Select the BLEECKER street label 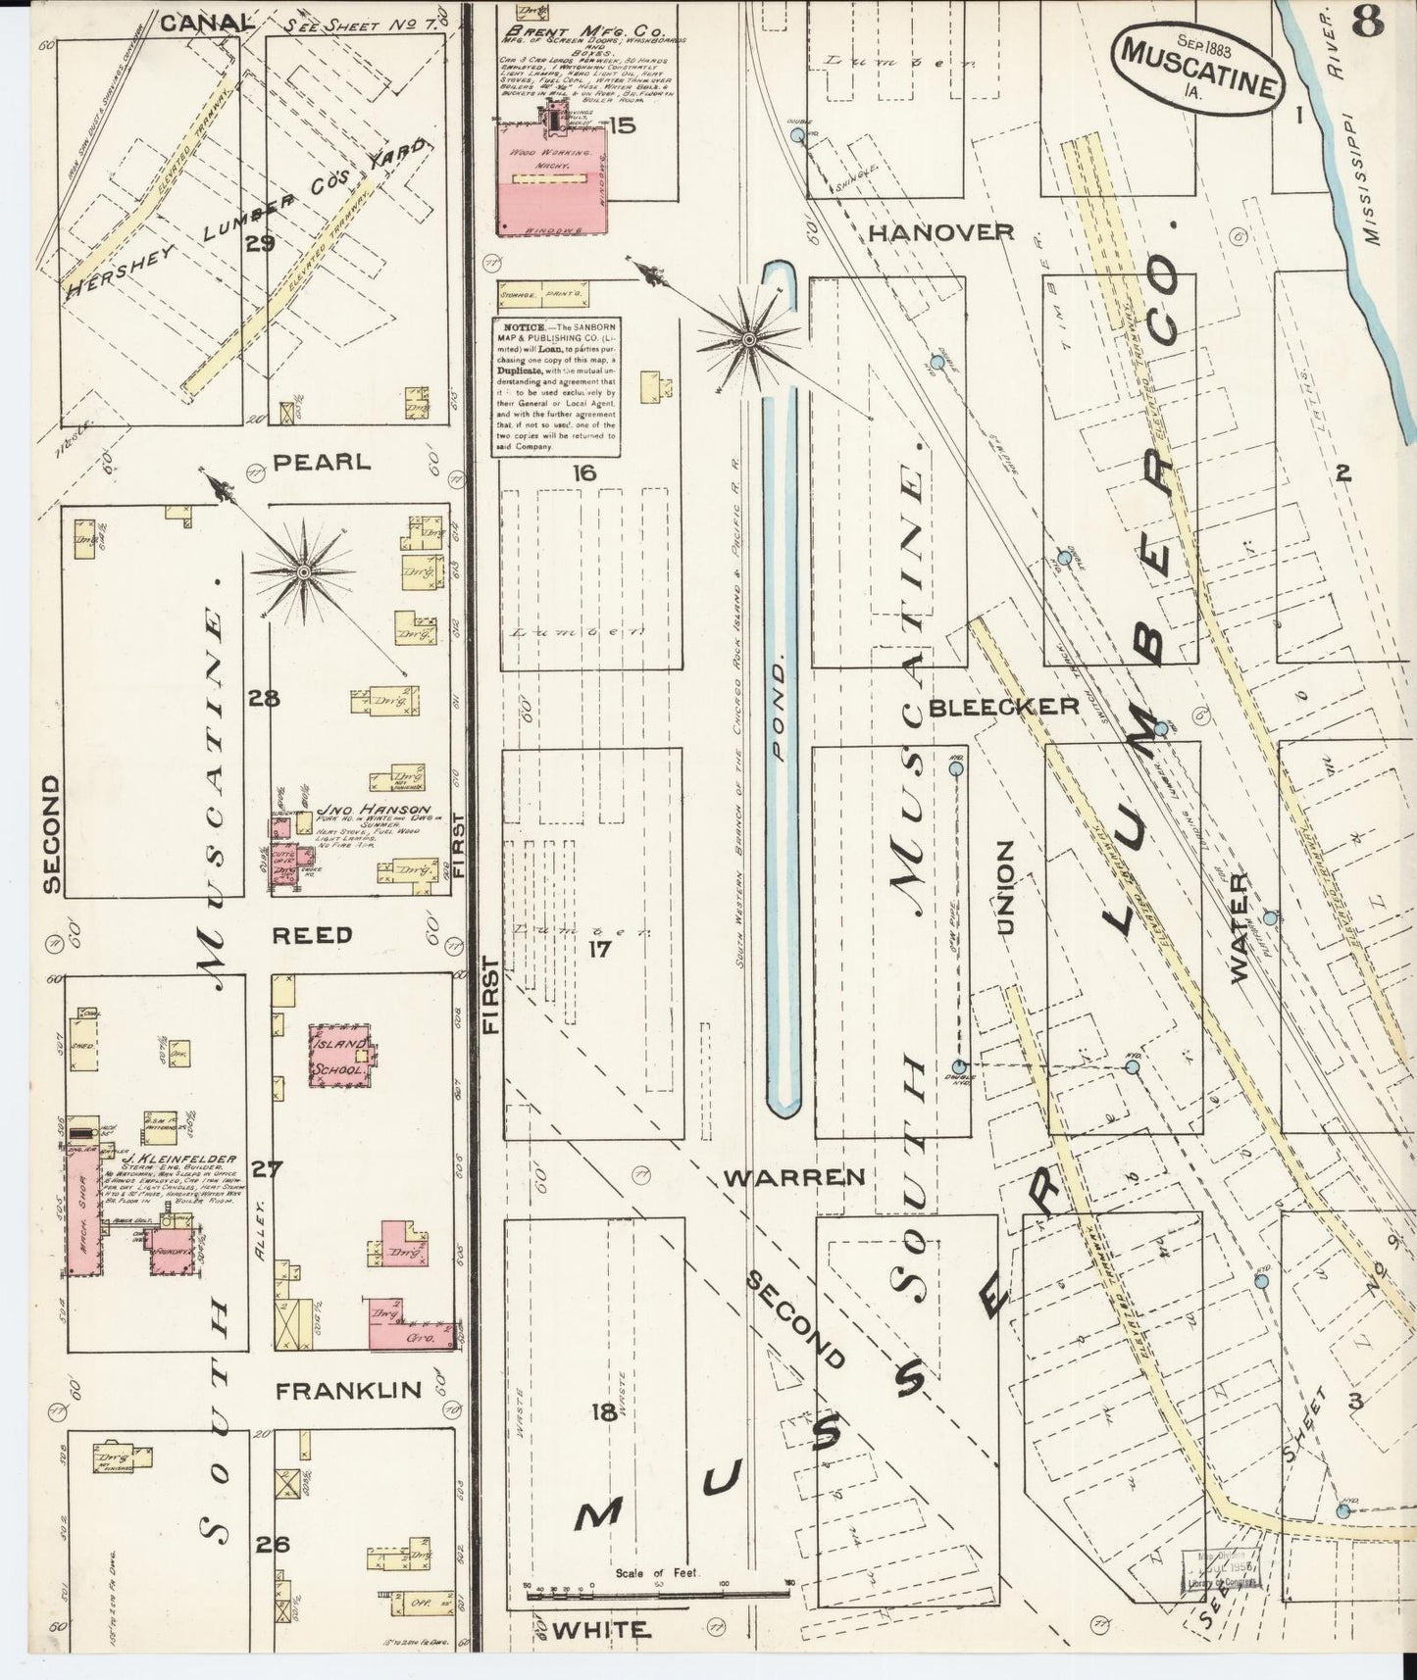[x=1003, y=706]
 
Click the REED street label [x=313, y=934]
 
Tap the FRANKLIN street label [x=348, y=1390]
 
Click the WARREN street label [x=793, y=1177]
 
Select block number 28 [x=264, y=699]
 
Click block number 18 [x=604, y=1412]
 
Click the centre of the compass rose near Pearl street [x=304, y=570]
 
